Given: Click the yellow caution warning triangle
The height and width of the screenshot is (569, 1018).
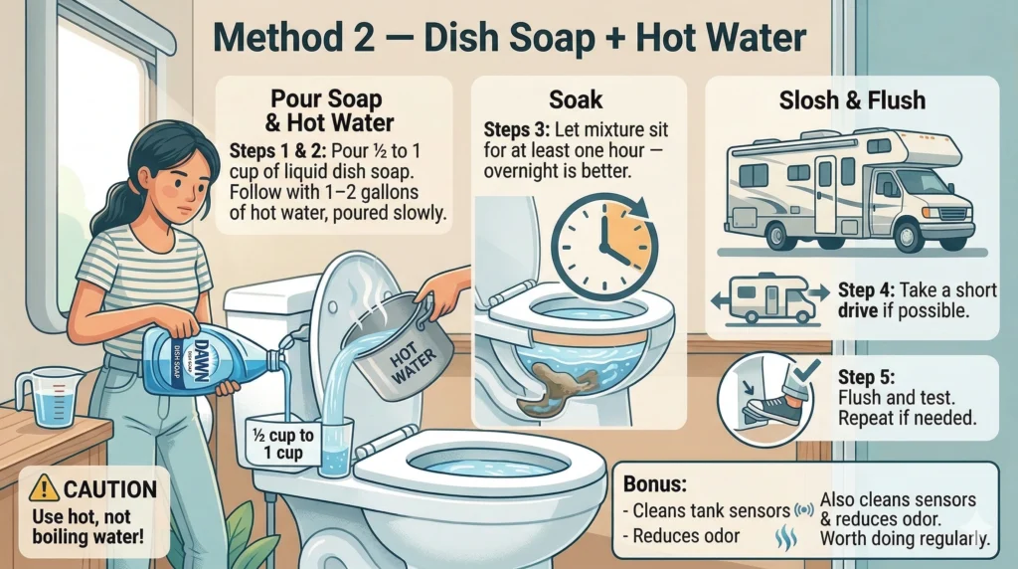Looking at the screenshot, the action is pyautogui.click(x=44, y=487).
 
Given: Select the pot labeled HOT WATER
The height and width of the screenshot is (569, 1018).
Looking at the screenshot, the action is pyautogui.click(x=397, y=347).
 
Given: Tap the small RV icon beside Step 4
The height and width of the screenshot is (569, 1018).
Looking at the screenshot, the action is pyautogui.click(x=769, y=299).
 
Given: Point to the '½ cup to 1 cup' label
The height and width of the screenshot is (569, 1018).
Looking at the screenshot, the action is pyautogui.click(x=282, y=444).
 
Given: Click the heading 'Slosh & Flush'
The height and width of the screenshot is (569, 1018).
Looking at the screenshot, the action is pyautogui.click(x=852, y=100).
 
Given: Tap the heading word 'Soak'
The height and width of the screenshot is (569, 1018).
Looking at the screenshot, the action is pyautogui.click(x=576, y=99).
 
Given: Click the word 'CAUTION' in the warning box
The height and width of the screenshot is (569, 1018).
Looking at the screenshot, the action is pyautogui.click(x=110, y=489).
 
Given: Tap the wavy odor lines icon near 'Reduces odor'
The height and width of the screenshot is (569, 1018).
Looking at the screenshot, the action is pyautogui.click(x=786, y=538).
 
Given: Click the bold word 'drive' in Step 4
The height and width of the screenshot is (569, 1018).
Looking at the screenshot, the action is pyautogui.click(x=856, y=310).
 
